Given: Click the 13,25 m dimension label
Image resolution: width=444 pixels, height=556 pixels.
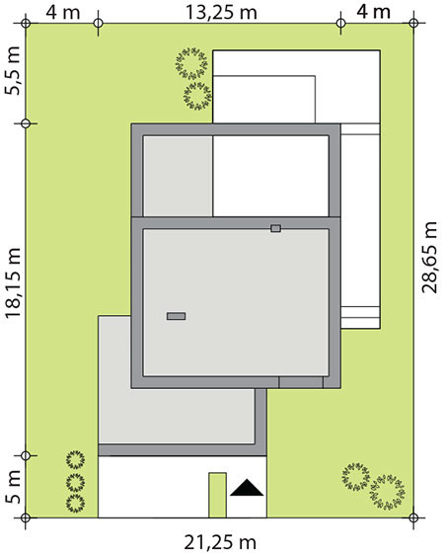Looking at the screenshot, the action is click(x=221, y=13).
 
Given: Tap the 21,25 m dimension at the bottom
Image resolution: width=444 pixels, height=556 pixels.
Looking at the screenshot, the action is click(x=220, y=542).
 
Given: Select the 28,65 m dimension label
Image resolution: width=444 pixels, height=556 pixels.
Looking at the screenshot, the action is click(x=429, y=258).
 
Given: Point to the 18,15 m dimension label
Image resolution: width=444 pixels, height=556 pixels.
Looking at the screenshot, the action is click(x=14, y=283).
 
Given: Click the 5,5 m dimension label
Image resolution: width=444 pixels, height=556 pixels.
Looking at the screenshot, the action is click(x=14, y=71).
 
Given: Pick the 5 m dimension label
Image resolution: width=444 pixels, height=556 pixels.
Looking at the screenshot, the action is click(x=14, y=487).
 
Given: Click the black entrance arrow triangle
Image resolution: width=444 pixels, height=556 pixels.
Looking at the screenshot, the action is click(x=247, y=488).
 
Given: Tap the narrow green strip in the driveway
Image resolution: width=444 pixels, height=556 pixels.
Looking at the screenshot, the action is click(x=217, y=495).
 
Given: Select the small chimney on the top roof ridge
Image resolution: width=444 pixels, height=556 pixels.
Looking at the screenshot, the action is click(x=275, y=228).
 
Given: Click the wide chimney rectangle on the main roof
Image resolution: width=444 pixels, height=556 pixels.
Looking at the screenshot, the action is click(x=176, y=316).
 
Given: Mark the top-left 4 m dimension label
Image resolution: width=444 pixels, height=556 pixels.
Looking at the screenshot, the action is click(x=63, y=13).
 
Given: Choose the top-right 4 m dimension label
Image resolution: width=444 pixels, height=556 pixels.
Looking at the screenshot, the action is click(x=373, y=13).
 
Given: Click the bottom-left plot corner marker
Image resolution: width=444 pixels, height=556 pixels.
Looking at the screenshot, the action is click(x=26, y=517).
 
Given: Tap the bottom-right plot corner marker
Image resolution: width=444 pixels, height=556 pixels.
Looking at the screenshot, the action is click(x=413, y=517).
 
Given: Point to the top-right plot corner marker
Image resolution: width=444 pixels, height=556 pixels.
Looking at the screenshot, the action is click(x=413, y=24).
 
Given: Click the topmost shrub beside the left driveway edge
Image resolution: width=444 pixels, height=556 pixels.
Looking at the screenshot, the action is click(x=75, y=459).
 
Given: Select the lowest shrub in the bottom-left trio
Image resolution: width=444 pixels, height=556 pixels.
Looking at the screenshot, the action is click(x=75, y=503).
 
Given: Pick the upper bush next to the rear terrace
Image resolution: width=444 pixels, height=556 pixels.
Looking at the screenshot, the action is click(x=191, y=63).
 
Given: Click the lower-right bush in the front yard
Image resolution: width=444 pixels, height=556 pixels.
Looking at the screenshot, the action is click(x=388, y=492).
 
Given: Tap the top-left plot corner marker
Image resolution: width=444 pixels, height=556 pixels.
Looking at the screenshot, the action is click(x=26, y=24).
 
